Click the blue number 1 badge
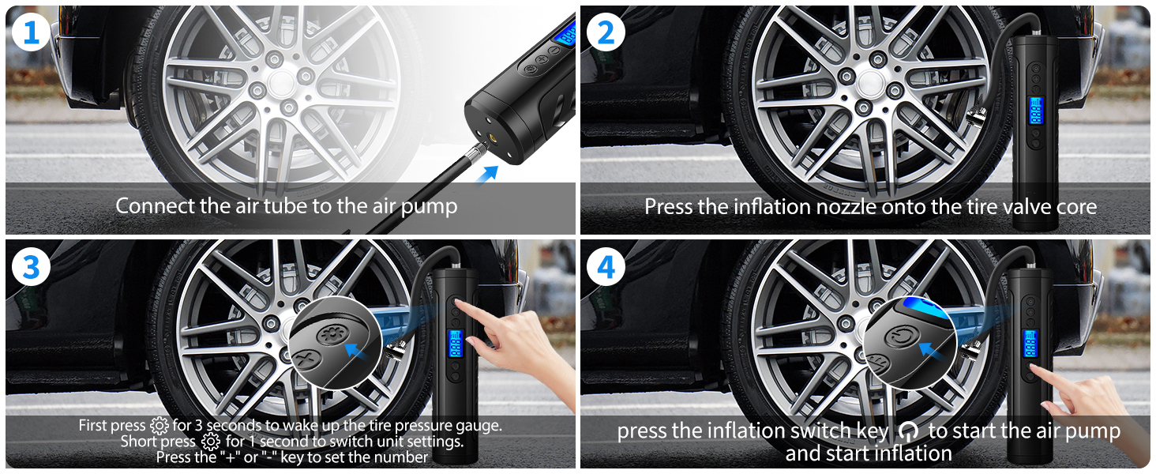pyautogui.click(x=31, y=32)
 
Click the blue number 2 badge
pyautogui.click(x=606, y=32)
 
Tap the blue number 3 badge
pyautogui.click(x=31, y=267)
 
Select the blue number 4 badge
pyautogui.click(x=606, y=267)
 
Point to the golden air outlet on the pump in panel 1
pyautogui.click(x=494, y=137)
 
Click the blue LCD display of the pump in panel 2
pyautogui.click(x=1035, y=111)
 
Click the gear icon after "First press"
pyautogui.click(x=159, y=426)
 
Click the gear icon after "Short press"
pyautogui.click(x=210, y=442)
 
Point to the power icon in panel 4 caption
pyautogui.click(x=908, y=431)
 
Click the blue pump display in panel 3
pyautogui.click(x=456, y=344)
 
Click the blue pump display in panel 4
pyautogui.click(x=1030, y=344)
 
